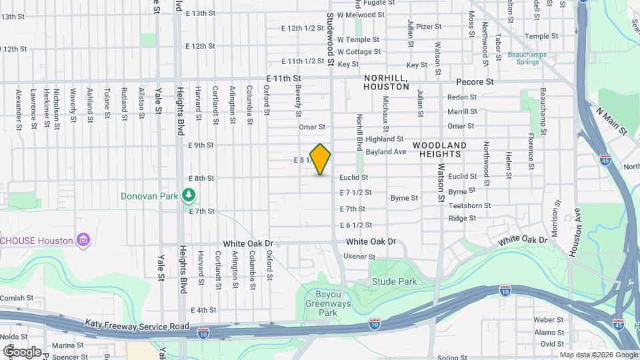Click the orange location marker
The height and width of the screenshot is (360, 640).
320,159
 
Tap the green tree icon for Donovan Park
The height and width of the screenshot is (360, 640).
190,195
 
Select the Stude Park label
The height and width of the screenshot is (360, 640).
395,282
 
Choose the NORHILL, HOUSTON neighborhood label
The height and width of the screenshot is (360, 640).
386,82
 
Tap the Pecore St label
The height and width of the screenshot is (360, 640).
475,82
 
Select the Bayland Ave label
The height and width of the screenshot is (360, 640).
386,152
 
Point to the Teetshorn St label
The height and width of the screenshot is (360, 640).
469,206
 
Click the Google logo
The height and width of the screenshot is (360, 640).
22,351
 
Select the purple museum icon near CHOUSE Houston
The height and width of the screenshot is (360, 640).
83,239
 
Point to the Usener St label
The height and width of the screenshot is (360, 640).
359,257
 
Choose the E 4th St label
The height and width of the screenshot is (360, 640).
203,311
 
